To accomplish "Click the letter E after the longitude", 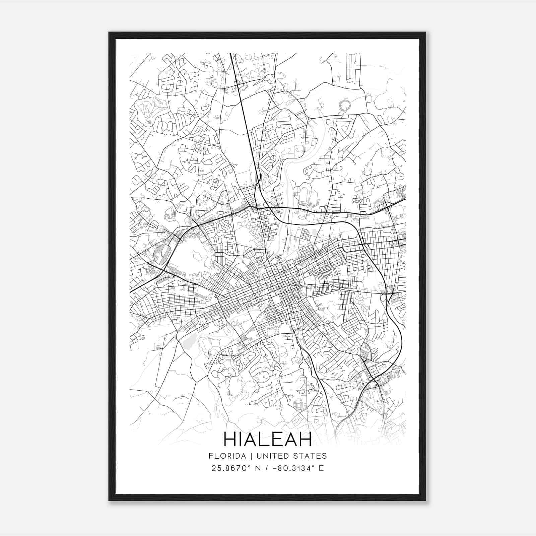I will tap(321, 468).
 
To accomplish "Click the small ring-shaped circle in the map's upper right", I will tap(344, 106).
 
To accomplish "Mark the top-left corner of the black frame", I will tap(110, 33).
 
